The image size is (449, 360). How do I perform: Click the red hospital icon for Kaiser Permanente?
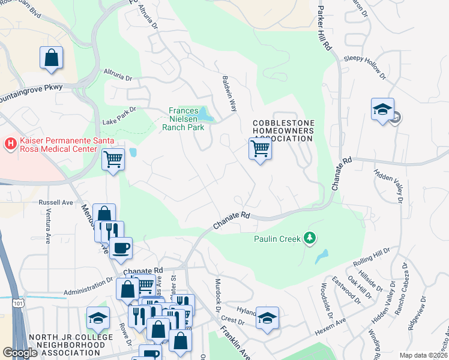click(10, 144)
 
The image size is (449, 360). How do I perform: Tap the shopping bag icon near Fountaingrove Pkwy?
click(52, 58)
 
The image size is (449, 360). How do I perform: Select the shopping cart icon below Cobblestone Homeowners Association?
click(260, 149)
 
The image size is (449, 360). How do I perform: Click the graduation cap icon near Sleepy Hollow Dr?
click(382, 110)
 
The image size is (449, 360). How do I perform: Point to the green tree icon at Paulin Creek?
click(310, 239)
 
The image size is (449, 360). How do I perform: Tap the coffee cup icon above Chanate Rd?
click(121, 248)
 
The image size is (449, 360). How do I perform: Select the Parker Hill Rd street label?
click(324, 25)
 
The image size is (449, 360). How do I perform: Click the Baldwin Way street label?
click(230, 93)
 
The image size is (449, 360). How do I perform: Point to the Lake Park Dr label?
click(119, 111)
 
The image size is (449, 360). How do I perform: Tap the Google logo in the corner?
click(20, 353)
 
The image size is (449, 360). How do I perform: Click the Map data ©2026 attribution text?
click(423, 355)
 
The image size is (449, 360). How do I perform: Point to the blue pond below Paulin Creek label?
click(322, 256)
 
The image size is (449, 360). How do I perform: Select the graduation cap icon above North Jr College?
click(98, 320)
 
